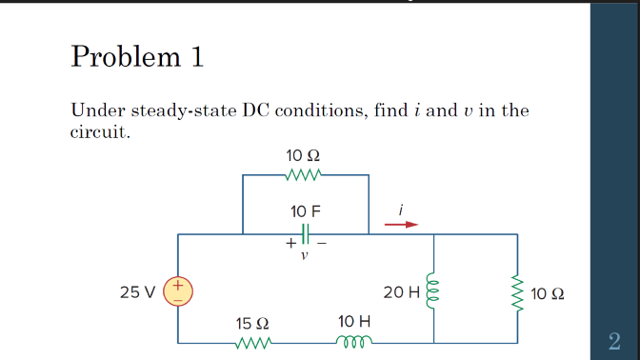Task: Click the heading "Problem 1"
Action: point(137,57)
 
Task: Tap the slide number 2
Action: point(614,340)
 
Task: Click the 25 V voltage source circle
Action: point(178,290)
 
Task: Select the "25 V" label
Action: point(139,291)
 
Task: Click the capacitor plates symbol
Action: point(305,233)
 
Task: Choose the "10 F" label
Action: point(304,210)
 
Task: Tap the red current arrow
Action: point(401,225)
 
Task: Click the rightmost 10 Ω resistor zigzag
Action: point(519,290)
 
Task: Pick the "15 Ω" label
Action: point(252,324)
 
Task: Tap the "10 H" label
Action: point(354,323)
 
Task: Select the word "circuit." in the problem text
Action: point(100,131)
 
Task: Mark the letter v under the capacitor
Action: point(305,254)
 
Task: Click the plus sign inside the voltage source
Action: point(178,283)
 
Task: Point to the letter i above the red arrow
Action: point(402,208)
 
